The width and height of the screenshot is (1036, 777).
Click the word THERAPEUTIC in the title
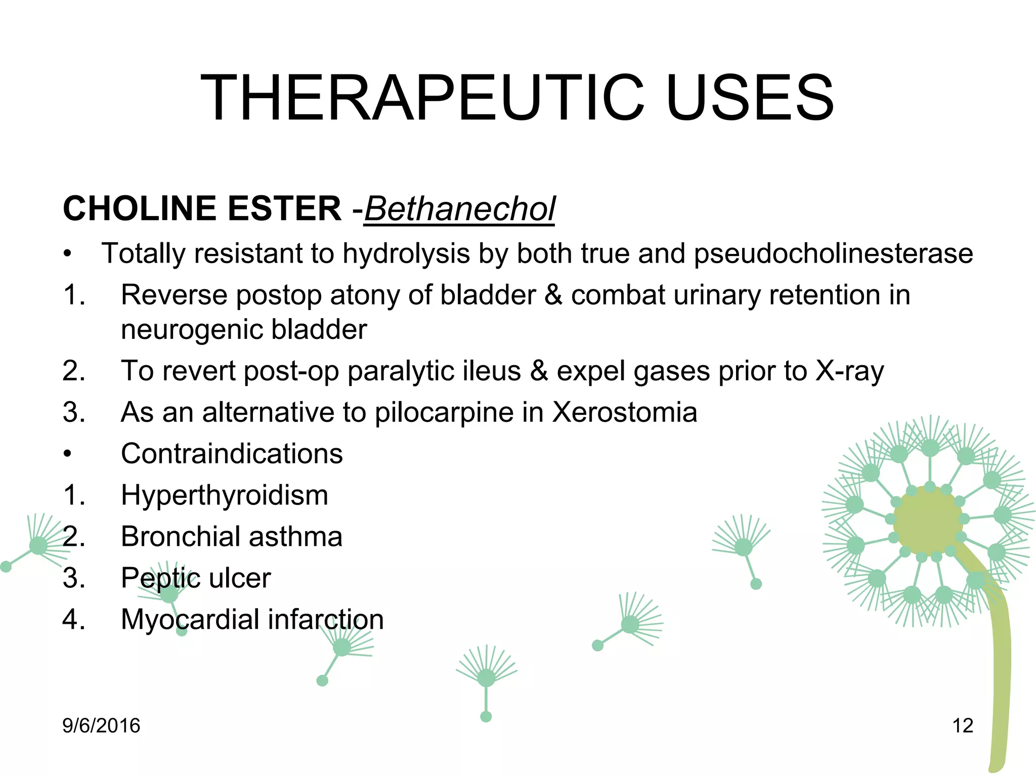[x=422, y=98]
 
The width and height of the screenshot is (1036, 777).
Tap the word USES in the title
[x=750, y=98]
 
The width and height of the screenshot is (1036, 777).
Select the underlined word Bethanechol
[x=459, y=209]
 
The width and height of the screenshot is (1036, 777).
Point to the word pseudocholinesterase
[x=833, y=253]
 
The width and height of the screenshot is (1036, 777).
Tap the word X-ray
[x=849, y=371]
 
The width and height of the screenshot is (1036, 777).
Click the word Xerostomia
[x=625, y=412]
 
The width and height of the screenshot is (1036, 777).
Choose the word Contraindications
[x=232, y=454]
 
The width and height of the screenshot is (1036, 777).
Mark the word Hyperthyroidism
[x=225, y=496]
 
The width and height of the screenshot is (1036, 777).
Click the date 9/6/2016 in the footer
[x=101, y=726]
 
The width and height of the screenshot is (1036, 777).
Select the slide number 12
[x=963, y=726]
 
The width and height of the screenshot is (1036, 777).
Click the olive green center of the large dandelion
[x=927, y=521]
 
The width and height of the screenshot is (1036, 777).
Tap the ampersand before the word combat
[x=553, y=295]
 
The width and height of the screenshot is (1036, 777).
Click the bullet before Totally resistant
[x=67, y=254]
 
